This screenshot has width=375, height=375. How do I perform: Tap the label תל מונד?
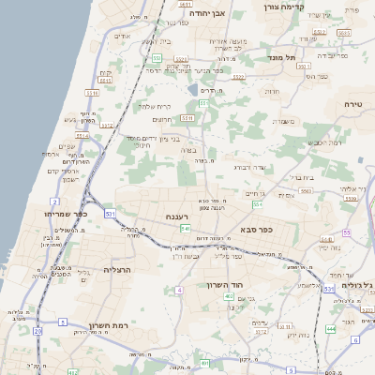click(280, 58)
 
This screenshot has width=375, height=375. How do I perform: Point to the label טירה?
click(352, 103)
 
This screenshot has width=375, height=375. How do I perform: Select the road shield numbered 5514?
click(82, 136)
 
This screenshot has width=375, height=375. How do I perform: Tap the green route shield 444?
click(331, 329)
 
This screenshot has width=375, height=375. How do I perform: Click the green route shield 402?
click(228, 297)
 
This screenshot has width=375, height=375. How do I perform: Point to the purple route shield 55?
click(346, 232)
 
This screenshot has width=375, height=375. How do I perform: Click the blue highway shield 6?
click(355, 340)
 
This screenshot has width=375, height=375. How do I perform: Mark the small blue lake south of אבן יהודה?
click(192, 89)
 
